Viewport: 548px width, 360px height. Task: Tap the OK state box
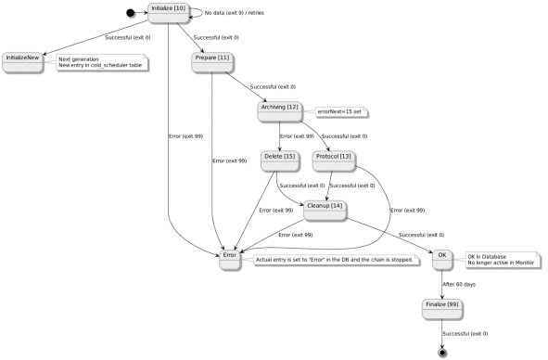(x=442, y=259)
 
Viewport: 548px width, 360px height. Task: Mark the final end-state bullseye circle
(x=443, y=353)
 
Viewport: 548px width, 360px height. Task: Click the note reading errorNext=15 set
(x=341, y=111)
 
